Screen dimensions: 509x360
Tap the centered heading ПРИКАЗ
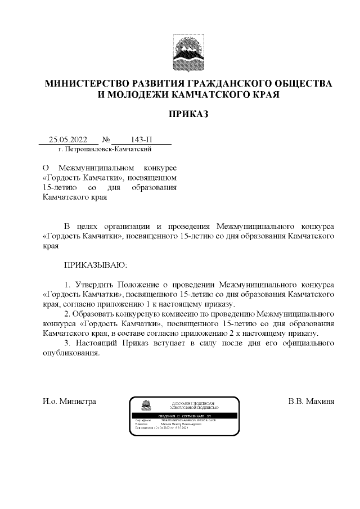point(188,114)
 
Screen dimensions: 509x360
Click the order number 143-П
point(141,139)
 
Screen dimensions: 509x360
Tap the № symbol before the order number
point(106,139)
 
